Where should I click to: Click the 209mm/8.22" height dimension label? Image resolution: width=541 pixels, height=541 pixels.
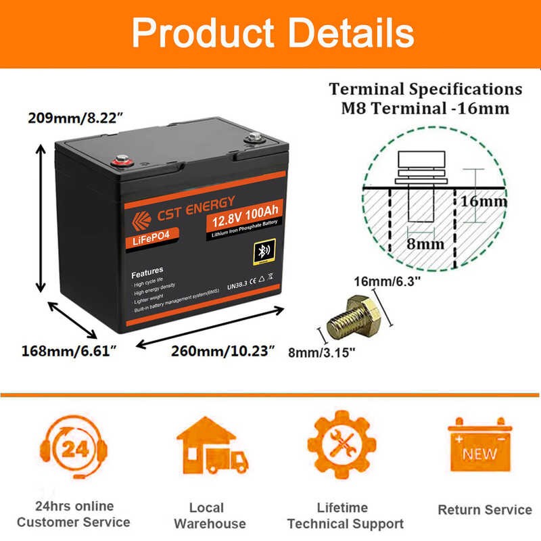point(75,117)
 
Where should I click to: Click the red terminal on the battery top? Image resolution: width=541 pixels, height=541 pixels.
point(122,161)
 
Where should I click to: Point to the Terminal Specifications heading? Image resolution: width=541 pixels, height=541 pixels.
point(425,89)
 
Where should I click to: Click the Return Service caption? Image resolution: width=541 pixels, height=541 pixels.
point(485,509)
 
